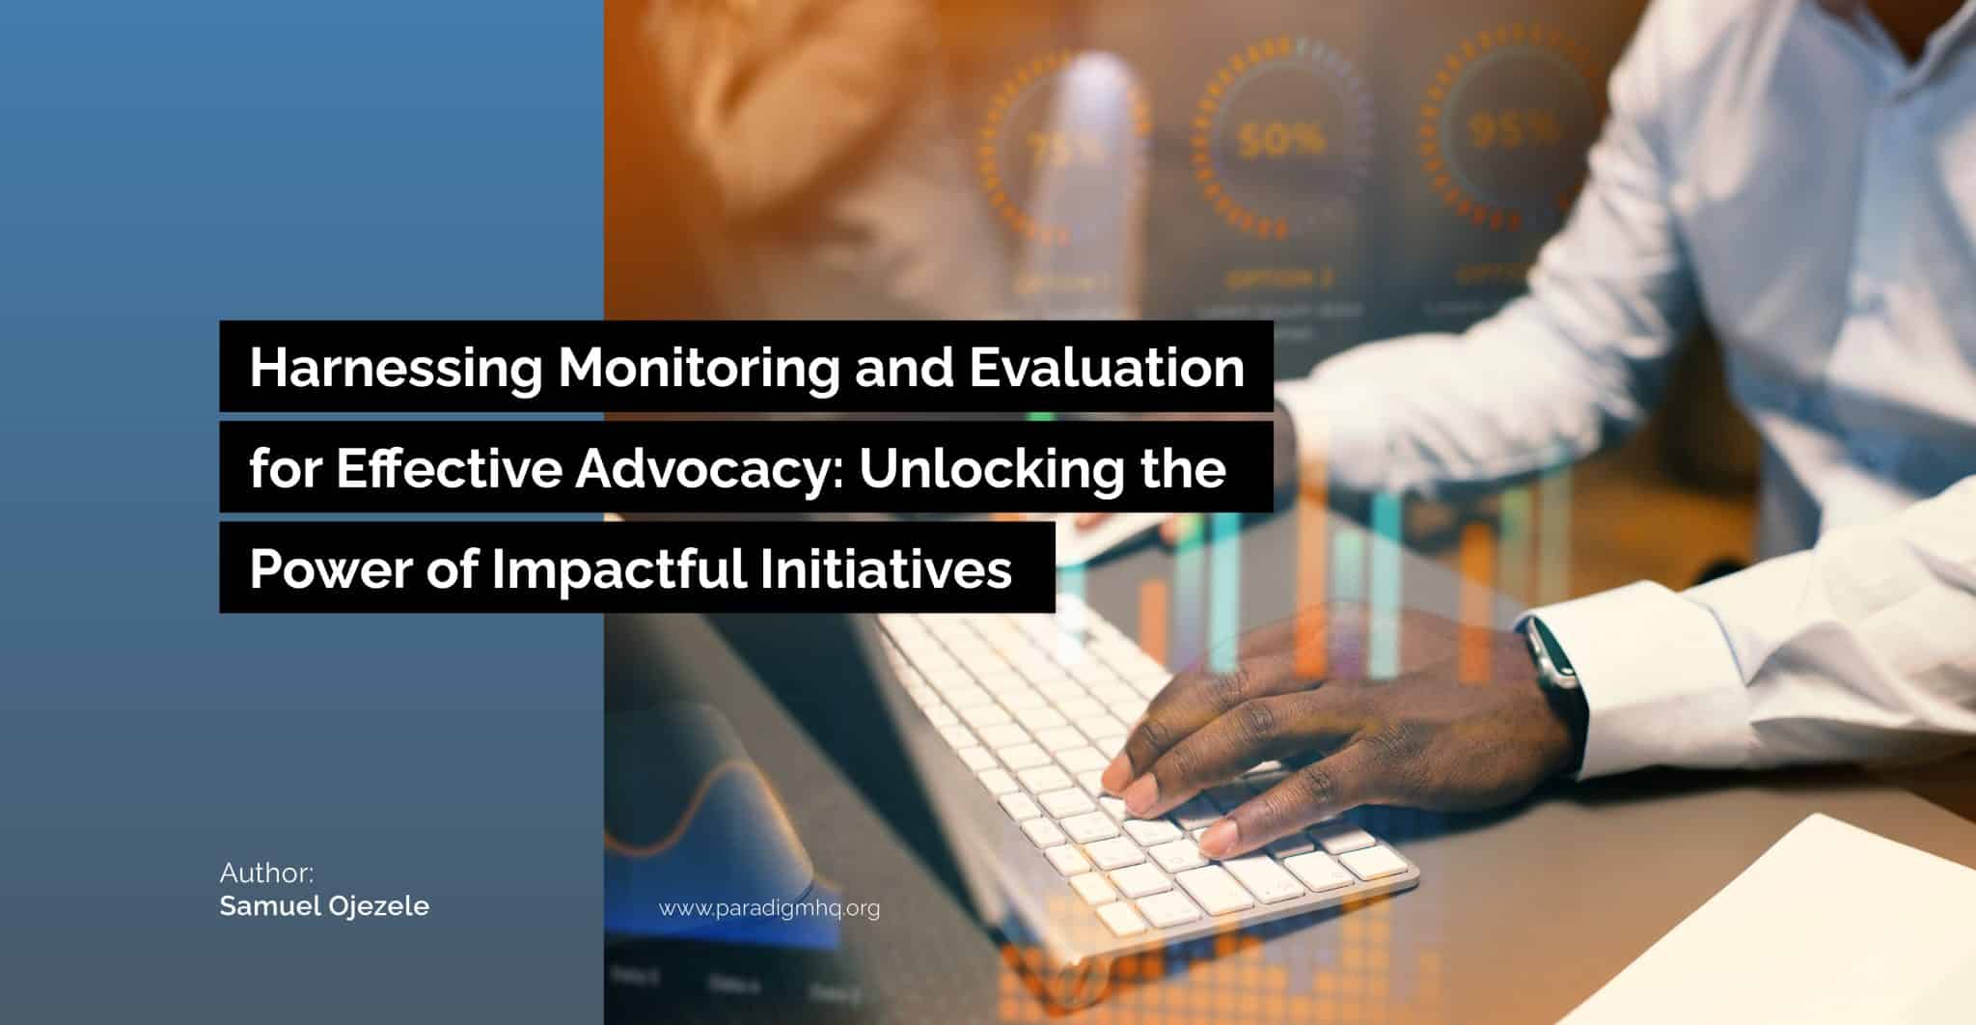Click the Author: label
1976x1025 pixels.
tap(266, 873)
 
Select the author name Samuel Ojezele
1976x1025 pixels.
tap(324, 907)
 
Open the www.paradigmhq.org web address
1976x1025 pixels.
tap(769, 908)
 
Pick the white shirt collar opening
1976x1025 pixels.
tap(1727, 39)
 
